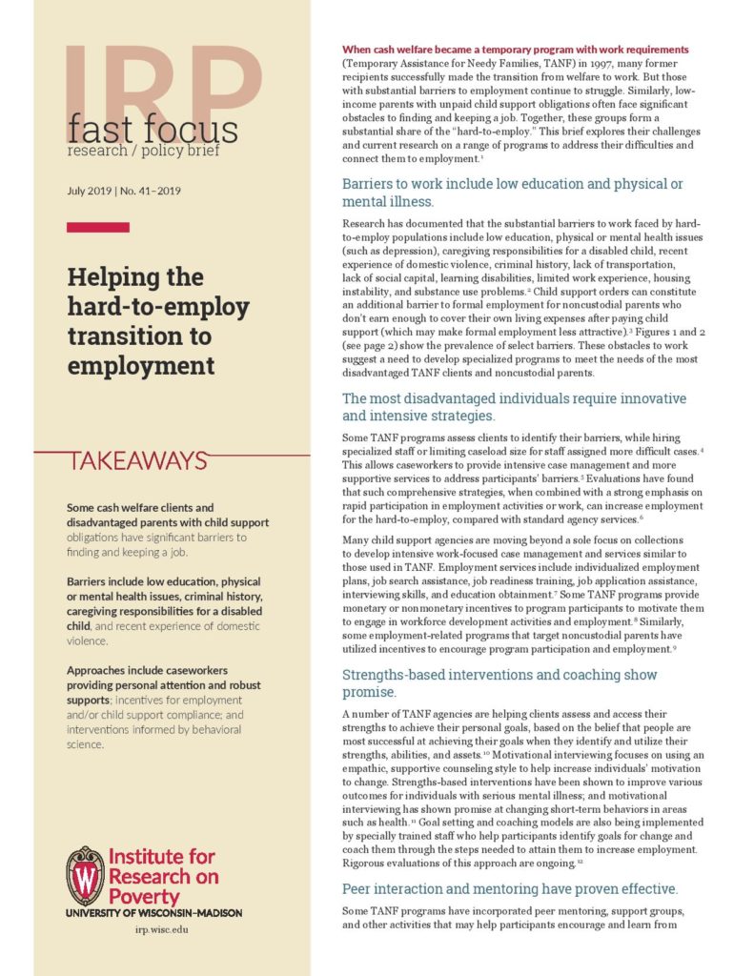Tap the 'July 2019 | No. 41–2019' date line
click(124, 191)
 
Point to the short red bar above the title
click(97, 227)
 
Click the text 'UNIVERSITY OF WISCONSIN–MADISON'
click(153, 912)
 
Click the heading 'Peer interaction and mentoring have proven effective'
click(509, 888)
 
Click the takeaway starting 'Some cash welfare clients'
click(168, 530)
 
